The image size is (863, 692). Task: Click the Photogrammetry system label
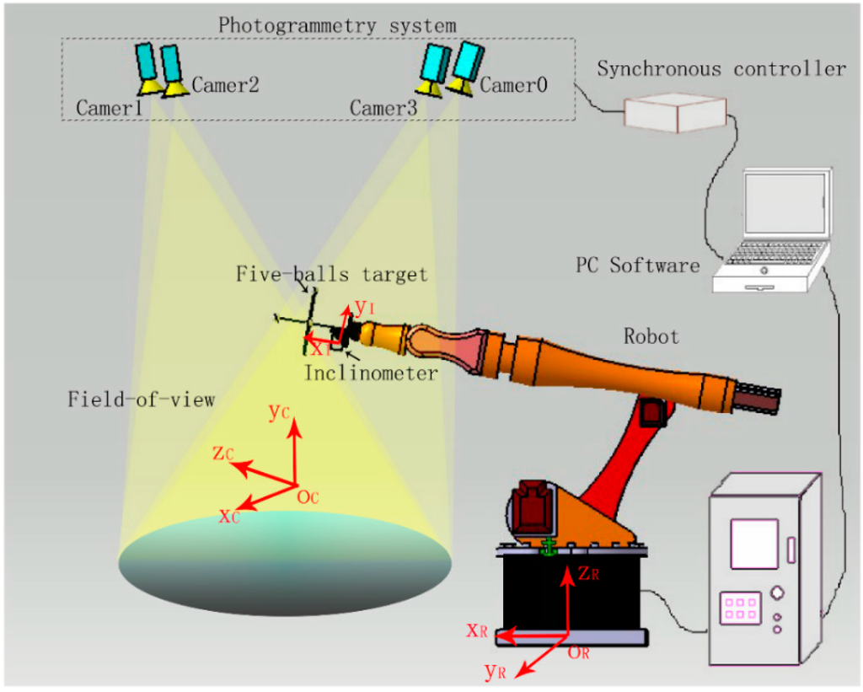337,24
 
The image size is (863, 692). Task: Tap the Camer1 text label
108,109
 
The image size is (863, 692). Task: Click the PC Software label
637,266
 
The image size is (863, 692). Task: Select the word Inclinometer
371,373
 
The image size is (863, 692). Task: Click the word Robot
651,336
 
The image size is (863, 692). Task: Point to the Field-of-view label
142,400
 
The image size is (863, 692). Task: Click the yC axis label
280,411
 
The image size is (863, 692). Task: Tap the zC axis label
223,453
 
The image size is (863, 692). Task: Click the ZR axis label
588,574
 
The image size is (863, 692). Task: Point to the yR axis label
496,672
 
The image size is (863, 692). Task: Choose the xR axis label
478,630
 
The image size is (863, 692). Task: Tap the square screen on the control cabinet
753,544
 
